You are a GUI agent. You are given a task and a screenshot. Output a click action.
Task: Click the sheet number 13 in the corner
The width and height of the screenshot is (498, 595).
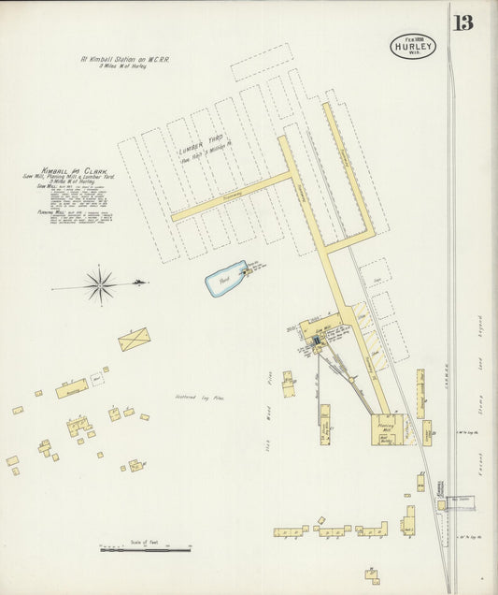pyautogui.click(x=463, y=22)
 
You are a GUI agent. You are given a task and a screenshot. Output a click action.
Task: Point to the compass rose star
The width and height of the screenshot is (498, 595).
pyautogui.click(x=99, y=283)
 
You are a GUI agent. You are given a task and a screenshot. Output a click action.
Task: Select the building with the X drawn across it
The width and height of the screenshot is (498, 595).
pyautogui.click(x=134, y=339)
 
